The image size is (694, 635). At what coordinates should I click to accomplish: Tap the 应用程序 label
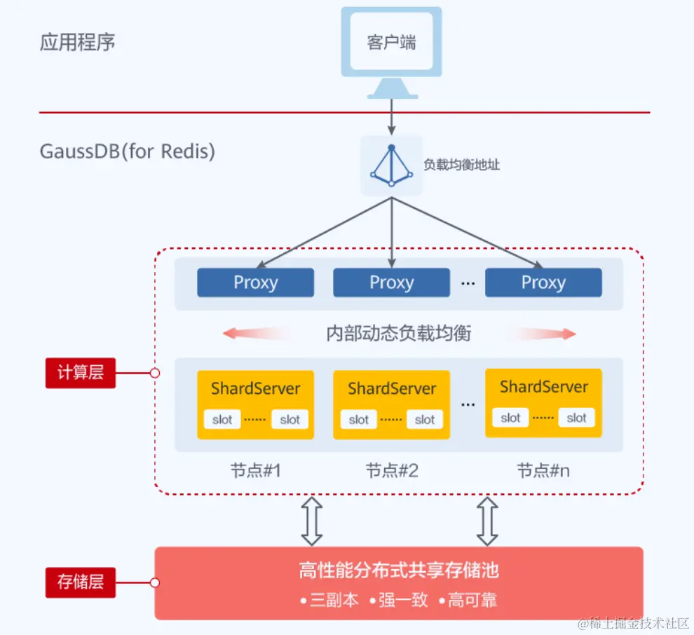click(x=77, y=42)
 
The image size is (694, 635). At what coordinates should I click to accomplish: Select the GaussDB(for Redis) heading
click(x=127, y=151)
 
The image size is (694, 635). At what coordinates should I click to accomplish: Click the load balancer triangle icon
click(x=392, y=165)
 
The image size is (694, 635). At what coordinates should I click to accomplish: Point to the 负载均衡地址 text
click(x=461, y=165)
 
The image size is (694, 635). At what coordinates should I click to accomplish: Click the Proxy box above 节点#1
click(x=255, y=282)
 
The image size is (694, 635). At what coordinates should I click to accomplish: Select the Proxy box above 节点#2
click(x=391, y=282)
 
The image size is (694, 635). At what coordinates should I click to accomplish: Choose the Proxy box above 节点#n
click(x=543, y=282)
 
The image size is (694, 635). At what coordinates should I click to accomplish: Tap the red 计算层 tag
click(x=81, y=373)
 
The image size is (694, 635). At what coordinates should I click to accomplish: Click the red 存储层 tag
click(x=81, y=582)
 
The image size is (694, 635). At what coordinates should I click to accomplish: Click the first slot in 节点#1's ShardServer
click(x=222, y=420)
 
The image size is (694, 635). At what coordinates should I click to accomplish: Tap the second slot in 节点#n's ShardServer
click(x=576, y=418)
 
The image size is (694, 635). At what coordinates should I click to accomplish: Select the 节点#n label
click(x=543, y=470)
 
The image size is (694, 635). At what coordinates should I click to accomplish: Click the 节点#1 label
click(x=255, y=470)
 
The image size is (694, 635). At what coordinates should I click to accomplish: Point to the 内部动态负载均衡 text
click(x=399, y=334)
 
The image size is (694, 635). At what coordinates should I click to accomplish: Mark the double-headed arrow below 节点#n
click(x=487, y=521)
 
